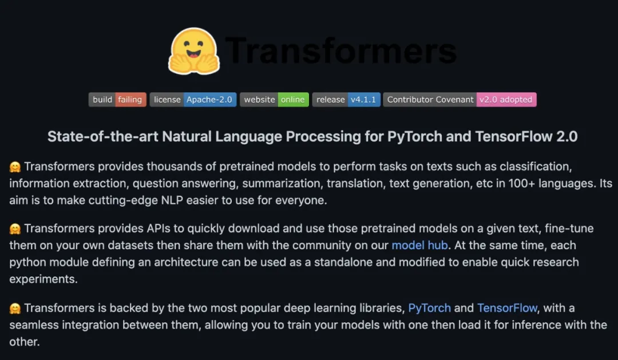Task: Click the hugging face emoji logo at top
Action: tap(194, 51)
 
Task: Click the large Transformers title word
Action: tap(341, 51)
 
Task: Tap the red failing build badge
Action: tap(130, 100)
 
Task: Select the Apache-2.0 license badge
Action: tap(209, 100)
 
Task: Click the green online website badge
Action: tap(293, 100)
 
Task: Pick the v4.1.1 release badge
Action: tap(363, 100)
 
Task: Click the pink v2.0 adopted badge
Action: tap(506, 100)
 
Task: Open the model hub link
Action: tap(419, 246)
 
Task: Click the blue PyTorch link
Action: tap(430, 308)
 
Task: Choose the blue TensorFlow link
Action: tap(507, 308)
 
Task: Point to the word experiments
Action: tap(43, 280)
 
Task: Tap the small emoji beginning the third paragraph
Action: tap(15, 308)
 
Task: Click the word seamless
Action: tap(33, 325)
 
